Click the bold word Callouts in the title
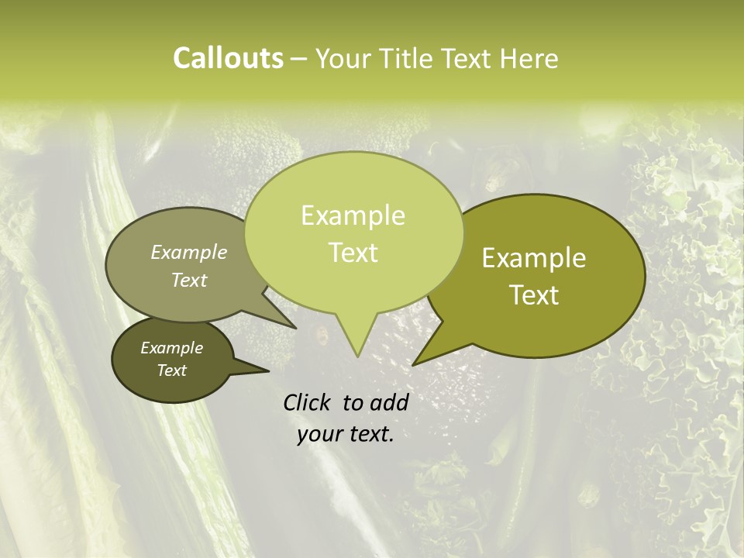coord(228,58)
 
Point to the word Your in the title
coord(345,58)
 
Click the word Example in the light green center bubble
coord(353,215)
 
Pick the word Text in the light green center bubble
coord(353,253)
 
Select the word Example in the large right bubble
coord(534,258)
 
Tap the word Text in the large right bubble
coord(535,295)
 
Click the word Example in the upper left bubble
coord(188,252)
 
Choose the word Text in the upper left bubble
coord(188,280)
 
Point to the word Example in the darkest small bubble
coord(171,348)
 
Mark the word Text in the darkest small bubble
coord(171,370)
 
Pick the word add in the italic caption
coord(389,402)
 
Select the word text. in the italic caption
coord(370,434)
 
